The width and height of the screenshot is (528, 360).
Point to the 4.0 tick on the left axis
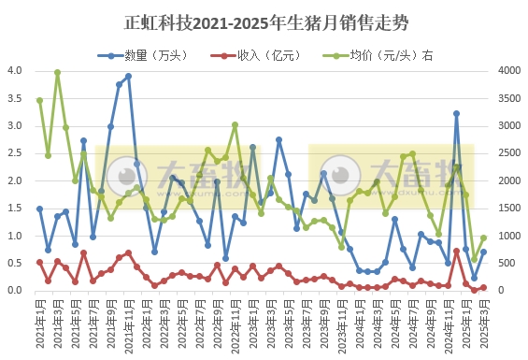pyautogui.click(x=15, y=70)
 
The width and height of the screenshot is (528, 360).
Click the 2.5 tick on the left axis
pyautogui.click(x=15, y=152)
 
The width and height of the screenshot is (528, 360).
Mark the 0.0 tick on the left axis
pyautogui.click(x=15, y=291)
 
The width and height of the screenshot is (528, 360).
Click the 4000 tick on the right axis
pyautogui.click(x=506, y=70)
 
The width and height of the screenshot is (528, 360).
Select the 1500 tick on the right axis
pyautogui.click(x=506, y=208)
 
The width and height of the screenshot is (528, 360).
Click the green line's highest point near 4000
pyautogui.click(x=57, y=72)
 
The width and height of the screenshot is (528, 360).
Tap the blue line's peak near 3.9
pyautogui.click(x=128, y=77)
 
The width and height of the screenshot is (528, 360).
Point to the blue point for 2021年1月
pyautogui.click(x=39, y=209)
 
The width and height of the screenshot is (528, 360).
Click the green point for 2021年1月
pyautogui.click(x=39, y=100)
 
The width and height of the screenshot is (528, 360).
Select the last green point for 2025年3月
pyautogui.click(x=483, y=238)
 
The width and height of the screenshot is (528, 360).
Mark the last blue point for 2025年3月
pyautogui.click(x=483, y=252)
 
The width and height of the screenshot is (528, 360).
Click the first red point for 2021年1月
pyautogui.click(x=39, y=262)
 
